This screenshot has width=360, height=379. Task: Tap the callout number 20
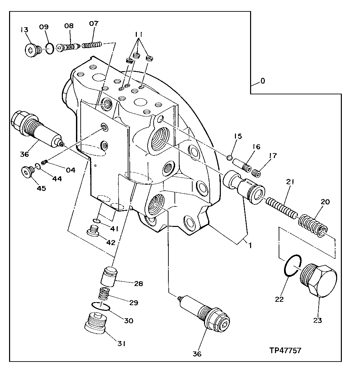(325, 202)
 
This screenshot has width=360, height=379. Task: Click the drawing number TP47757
(285, 350)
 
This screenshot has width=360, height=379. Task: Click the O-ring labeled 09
(49, 49)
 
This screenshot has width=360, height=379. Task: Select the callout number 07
(94, 23)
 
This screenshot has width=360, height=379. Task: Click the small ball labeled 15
(229, 157)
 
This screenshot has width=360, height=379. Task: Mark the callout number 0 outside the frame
(263, 81)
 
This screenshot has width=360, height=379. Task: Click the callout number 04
(70, 170)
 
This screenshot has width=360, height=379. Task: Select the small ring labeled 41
(97, 221)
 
